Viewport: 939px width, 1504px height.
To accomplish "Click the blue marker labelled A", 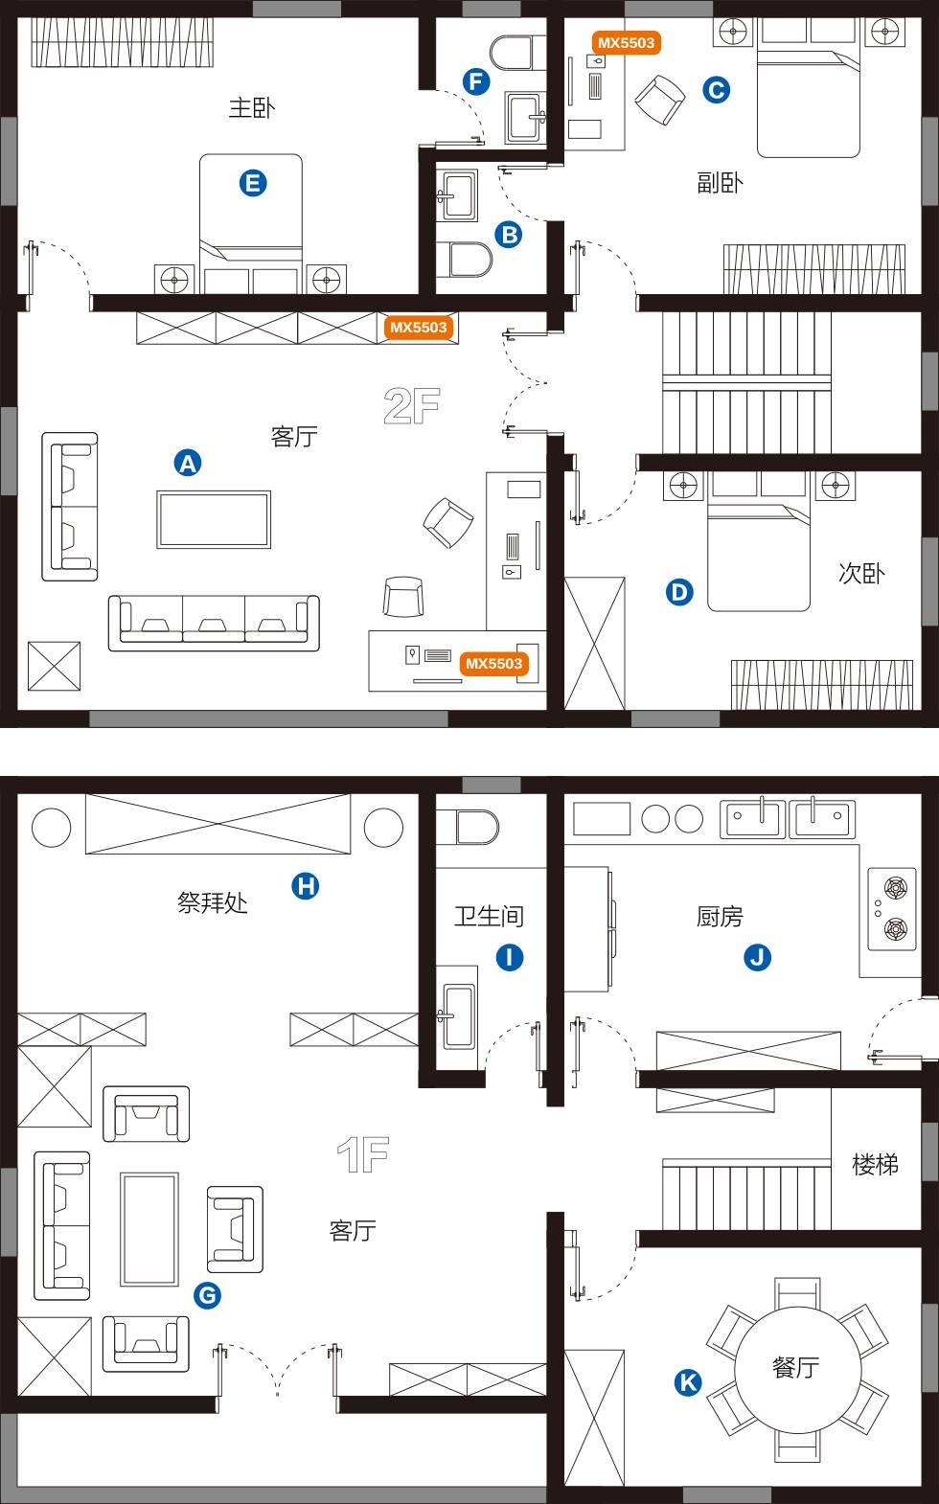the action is coord(188,464).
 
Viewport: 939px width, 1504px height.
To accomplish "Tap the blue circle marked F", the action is coord(476,82).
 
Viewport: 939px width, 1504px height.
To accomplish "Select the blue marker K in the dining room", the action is coord(688,1382).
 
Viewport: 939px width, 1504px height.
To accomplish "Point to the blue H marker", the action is coord(306,886).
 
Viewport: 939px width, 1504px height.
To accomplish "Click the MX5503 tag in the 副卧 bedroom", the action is coord(626,43).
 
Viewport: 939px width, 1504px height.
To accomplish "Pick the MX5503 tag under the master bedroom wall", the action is coord(419,328).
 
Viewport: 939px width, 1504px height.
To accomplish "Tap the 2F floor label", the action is coord(412,405).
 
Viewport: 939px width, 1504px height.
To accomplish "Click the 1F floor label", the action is coord(363,1154).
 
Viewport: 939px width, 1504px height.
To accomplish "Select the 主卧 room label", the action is coord(252,107).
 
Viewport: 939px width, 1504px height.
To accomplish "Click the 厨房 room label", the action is coord(720,917).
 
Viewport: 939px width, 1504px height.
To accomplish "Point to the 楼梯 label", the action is coord(875,1164).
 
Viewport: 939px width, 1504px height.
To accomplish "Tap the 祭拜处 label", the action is coord(213,902).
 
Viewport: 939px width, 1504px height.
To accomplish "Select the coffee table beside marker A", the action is coord(214,519).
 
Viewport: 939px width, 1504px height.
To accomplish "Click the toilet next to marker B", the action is coord(464,260).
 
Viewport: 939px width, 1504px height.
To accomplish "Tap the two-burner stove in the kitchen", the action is coord(892,909).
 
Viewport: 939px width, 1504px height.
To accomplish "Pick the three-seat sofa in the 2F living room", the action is coord(214,623).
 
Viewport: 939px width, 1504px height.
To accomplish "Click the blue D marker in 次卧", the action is coord(679,592).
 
